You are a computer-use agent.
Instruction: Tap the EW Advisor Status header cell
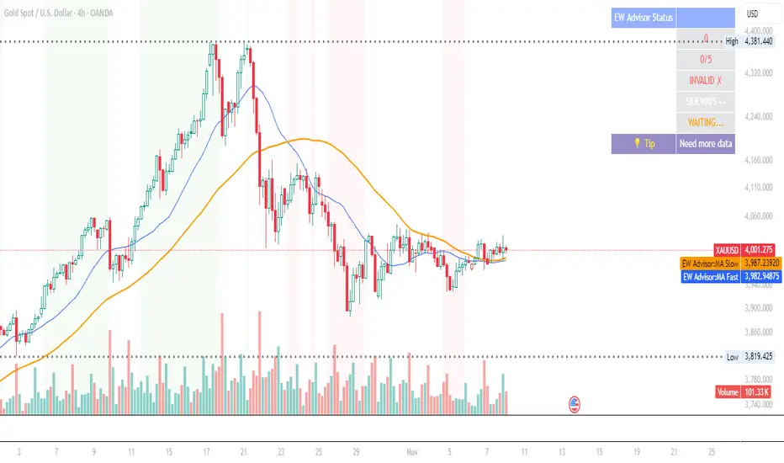point(643,18)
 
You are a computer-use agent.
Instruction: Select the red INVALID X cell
point(705,81)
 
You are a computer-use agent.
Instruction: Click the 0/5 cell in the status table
point(705,60)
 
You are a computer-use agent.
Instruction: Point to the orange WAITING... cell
point(705,123)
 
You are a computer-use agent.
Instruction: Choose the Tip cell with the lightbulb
point(644,144)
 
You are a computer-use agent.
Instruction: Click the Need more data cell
point(705,144)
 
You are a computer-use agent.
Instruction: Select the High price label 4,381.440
point(761,41)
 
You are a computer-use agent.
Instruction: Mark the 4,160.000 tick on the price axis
point(761,160)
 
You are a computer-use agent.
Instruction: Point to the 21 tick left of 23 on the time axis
point(243,451)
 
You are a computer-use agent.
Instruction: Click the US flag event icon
point(576,403)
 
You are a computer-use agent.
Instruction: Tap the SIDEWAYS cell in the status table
point(705,102)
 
